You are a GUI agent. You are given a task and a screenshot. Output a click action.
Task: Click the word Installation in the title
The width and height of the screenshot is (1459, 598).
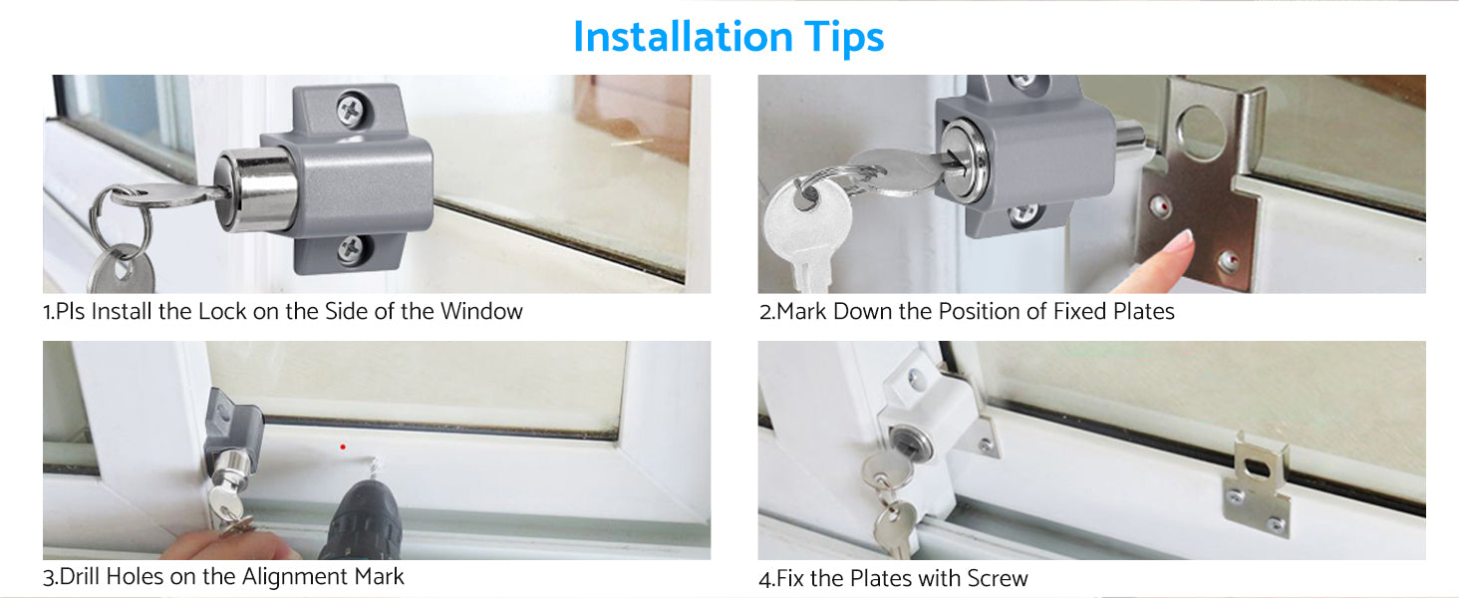click(x=683, y=37)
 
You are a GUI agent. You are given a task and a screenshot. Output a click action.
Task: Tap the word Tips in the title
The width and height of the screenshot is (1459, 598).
click(x=844, y=38)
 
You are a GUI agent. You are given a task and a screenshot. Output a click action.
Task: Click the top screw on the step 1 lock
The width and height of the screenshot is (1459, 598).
click(x=350, y=111)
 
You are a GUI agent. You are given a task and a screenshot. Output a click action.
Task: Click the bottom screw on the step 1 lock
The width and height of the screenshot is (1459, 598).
click(x=351, y=249)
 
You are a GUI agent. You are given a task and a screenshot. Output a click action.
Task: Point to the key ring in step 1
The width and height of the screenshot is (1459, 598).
click(x=122, y=218)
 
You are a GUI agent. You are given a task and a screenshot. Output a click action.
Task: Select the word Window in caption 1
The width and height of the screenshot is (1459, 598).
click(x=481, y=311)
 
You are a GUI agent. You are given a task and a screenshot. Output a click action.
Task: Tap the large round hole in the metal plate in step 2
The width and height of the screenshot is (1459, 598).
click(x=1201, y=133)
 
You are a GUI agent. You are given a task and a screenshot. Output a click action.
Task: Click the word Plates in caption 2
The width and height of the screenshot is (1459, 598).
click(x=1144, y=311)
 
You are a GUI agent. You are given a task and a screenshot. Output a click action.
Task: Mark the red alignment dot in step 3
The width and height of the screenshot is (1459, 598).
click(x=343, y=447)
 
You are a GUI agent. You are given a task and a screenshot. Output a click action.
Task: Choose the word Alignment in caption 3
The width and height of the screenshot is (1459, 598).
click(x=294, y=576)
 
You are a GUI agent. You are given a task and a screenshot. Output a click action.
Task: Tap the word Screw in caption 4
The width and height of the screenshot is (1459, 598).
click(x=998, y=578)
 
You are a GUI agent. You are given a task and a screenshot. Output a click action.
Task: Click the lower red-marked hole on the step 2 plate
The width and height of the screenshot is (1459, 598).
click(x=1229, y=261)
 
